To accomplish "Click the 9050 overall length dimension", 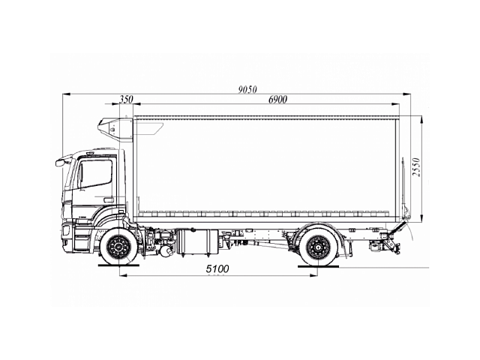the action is [x=247, y=90].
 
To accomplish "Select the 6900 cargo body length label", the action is [x=277, y=100].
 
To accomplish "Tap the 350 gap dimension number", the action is [x=126, y=100].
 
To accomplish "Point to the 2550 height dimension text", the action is [x=416, y=167].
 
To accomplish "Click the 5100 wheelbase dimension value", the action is [x=217, y=268].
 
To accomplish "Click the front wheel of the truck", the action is [x=119, y=246].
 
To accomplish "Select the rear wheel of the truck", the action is [x=318, y=247].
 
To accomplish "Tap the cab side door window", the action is [x=95, y=173].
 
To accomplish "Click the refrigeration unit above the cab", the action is [x=115, y=129].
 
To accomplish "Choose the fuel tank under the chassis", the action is [x=197, y=241].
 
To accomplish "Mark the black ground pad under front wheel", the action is [x=118, y=265].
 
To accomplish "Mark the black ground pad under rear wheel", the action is [x=319, y=266].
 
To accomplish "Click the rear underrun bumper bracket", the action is [x=391, y=242].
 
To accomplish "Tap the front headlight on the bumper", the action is [x=66, y=230].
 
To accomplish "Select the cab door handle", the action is [x=108, y=200].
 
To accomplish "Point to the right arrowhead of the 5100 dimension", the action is [x=313, y=275].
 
